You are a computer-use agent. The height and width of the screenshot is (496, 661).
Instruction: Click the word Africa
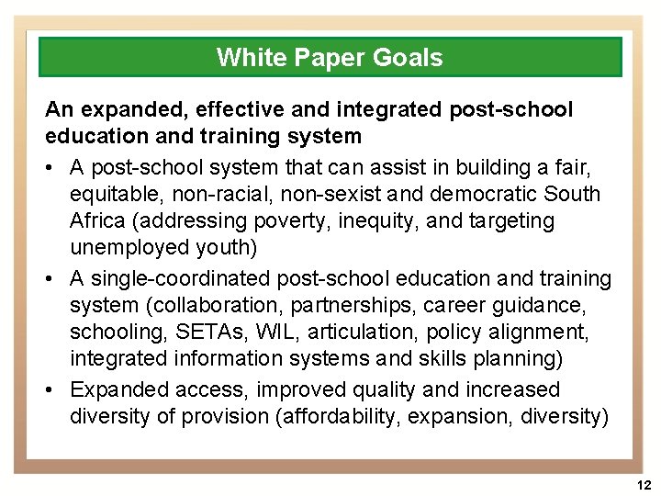click(x=98, y=221)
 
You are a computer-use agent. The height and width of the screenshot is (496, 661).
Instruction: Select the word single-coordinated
click(x=186, y=278)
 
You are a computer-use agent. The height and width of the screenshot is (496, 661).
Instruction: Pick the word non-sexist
click(x=336, y=195)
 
